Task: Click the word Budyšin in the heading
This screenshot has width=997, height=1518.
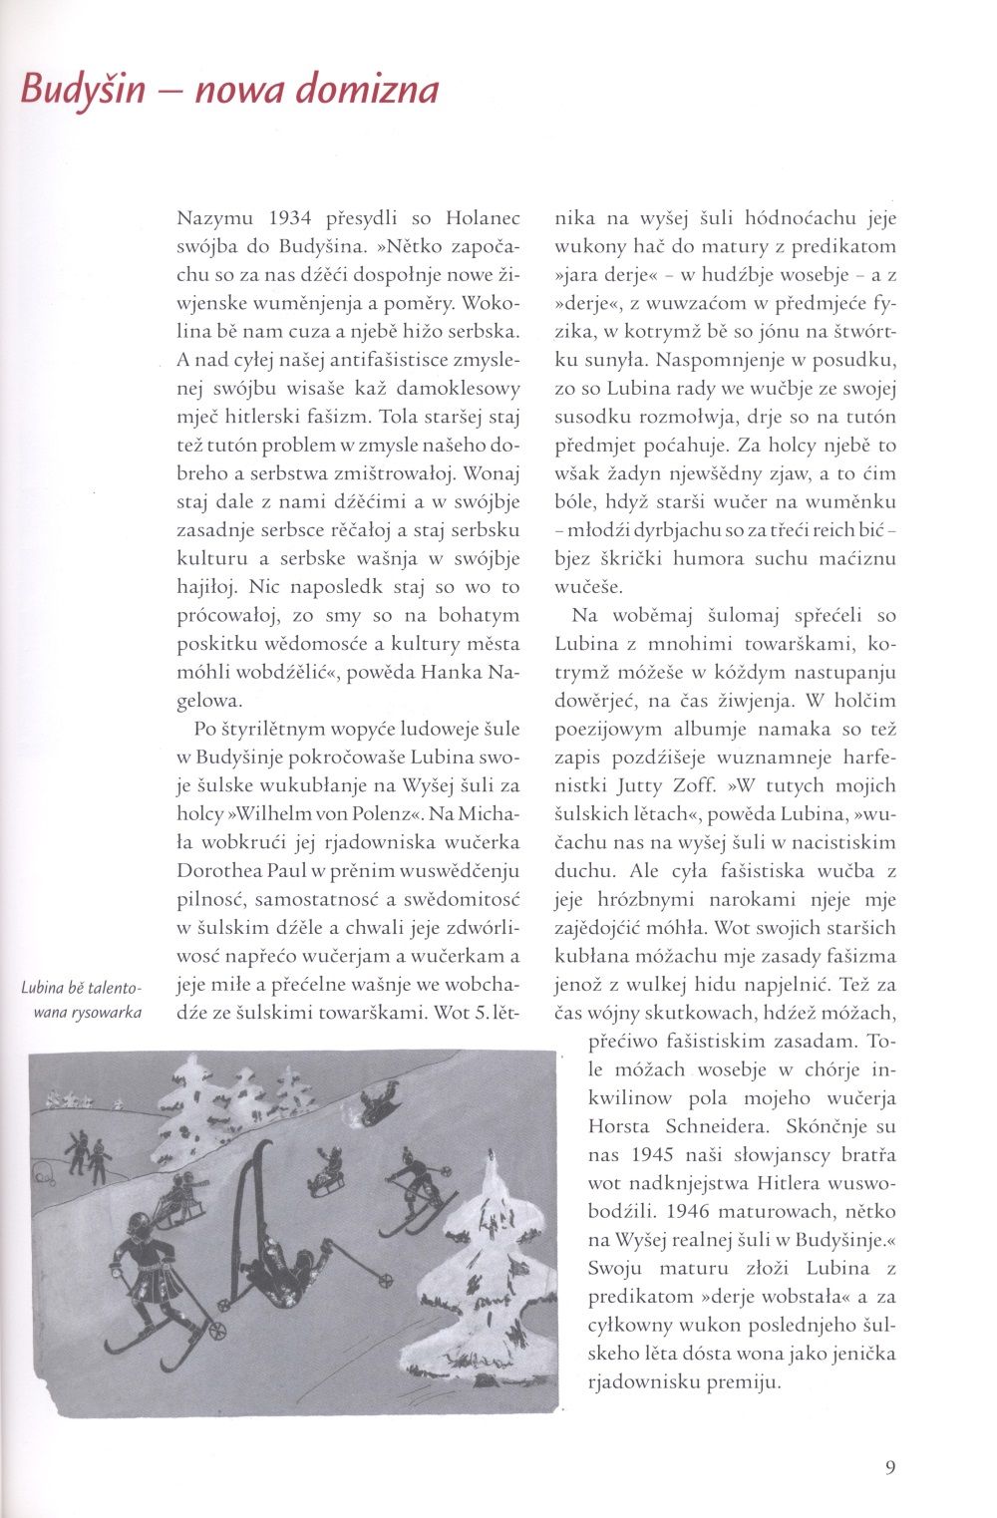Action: click(x=83, y=91)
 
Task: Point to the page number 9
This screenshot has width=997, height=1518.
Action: click(x=890, y=1467)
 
